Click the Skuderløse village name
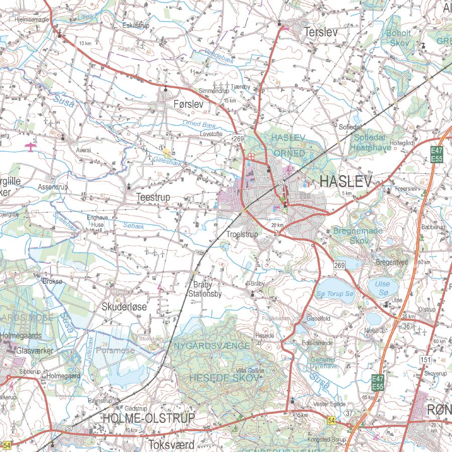point(125,306)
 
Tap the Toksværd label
point(171,444)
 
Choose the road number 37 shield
point(349,413)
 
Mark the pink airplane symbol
point(31,146)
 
